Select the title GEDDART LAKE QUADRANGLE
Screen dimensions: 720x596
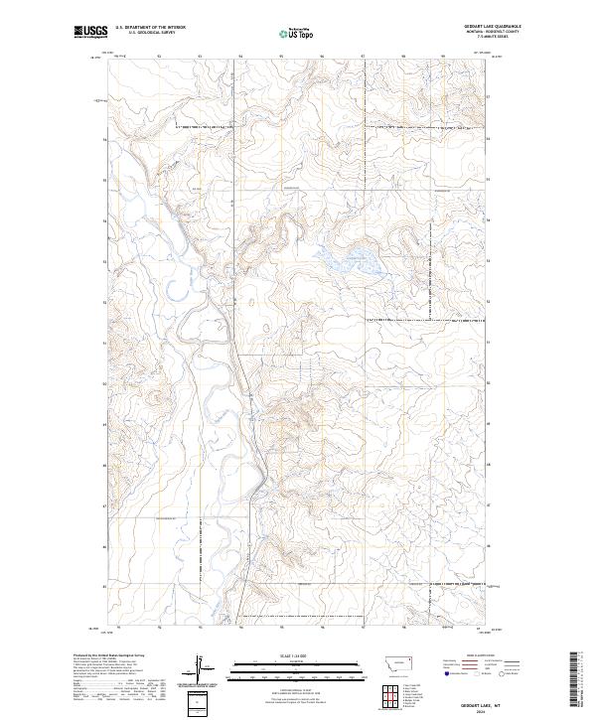[492, 26]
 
